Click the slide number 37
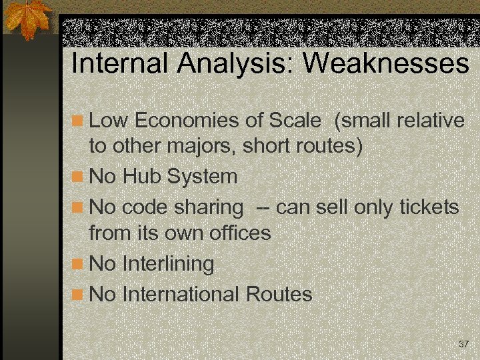click(464, 344)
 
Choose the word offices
click(240, 233)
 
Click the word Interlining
click(168, 264)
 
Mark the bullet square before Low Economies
click(78, 122)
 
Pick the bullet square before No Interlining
click(78, 265)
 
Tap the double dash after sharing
click(263, 208)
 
